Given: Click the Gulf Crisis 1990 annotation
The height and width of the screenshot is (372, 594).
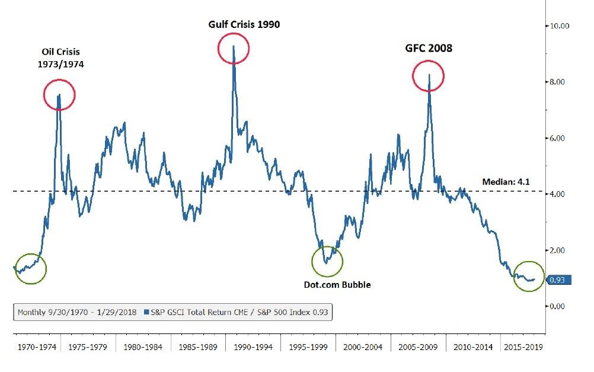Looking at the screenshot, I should [244, 24].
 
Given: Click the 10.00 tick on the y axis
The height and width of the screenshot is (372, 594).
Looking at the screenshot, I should [560, 26].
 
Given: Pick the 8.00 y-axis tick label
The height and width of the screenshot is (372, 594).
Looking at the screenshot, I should [560, 82].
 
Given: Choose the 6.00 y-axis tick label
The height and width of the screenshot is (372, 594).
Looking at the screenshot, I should [560, 138].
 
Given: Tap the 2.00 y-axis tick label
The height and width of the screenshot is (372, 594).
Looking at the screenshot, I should [560, 250].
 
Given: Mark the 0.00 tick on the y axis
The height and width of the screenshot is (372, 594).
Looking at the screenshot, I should [560, 306].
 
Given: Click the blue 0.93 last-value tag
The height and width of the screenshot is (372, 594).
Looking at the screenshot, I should [558, 279].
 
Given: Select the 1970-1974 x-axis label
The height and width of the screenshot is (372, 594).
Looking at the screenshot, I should [34, 345].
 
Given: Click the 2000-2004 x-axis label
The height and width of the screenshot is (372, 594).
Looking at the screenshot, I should [359, 345].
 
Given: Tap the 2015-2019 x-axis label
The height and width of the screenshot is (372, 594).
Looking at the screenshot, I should [522, 345].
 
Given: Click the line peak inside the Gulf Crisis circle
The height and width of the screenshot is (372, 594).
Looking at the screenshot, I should [234, 46].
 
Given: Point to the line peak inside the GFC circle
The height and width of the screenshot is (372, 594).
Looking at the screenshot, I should [429, 75].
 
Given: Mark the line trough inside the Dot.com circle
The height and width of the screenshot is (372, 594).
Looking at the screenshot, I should [326, 262].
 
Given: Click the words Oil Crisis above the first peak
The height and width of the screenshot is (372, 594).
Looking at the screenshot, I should [59, 52].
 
